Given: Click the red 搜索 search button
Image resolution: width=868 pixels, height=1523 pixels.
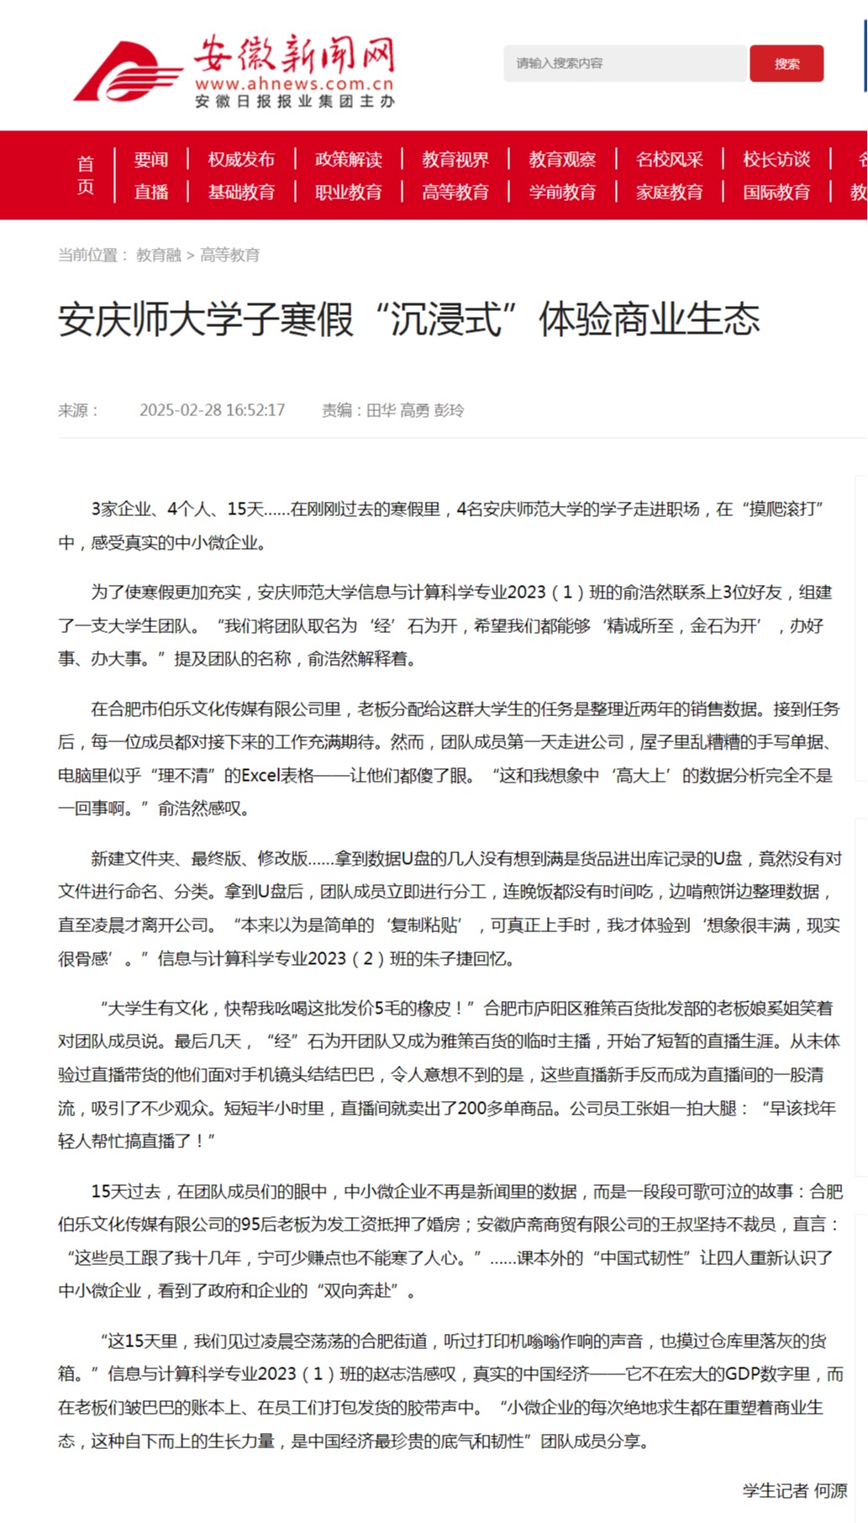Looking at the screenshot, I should point(786,64).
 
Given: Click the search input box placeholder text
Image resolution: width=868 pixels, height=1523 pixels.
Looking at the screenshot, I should point(560,63).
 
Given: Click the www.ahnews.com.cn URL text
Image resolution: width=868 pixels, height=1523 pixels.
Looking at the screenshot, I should point(294,84).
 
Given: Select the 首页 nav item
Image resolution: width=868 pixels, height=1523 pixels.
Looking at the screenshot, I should point(86,175).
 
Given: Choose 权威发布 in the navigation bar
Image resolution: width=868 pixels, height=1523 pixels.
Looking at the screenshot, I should point(241,159).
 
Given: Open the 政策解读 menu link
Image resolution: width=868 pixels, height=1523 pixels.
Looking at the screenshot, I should point(348,159).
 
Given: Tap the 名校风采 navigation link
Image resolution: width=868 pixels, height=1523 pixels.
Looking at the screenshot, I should point(669,159).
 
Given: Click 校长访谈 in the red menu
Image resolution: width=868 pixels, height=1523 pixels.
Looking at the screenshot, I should point(776,159).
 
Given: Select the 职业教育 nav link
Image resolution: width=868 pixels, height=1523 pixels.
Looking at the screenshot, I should point(348,192).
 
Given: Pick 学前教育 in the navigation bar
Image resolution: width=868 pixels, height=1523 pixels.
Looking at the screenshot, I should point(562,192).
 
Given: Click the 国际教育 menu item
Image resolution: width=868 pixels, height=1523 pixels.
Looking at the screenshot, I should point(776,192).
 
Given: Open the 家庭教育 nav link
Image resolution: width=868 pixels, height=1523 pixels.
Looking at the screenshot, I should point(669,192).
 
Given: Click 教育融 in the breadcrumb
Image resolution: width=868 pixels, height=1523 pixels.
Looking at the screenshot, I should point(159,255).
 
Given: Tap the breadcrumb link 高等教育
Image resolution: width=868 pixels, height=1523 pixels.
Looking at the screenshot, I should point(229,255).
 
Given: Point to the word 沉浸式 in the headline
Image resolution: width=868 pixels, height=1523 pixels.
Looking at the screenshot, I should point(445,319).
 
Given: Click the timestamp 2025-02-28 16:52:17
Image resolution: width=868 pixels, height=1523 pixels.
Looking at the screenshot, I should point(212,410).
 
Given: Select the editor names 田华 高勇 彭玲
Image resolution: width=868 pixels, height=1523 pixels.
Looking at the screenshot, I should point(415,410).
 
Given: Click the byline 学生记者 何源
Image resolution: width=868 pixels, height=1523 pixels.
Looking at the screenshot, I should point(795,1490).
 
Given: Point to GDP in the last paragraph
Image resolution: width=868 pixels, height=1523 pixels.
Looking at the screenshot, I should point(743,1373).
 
